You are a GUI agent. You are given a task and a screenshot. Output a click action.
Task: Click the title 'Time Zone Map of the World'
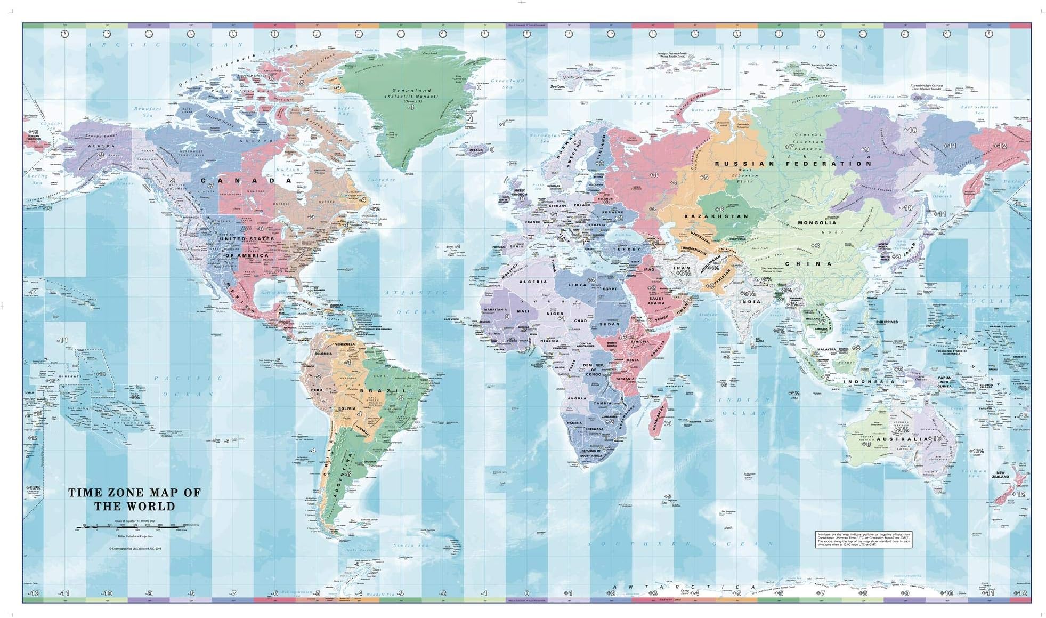[x=134, y=500]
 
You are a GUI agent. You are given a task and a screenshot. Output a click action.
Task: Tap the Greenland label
[x=411, y=91]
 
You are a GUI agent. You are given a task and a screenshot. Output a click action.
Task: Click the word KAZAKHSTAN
[x=716, y=216]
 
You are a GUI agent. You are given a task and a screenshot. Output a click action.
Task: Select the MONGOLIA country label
[x=817, y=223]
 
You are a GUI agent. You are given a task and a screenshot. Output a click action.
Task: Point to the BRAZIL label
[x=383, y=391]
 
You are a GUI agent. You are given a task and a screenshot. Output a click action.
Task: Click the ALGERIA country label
[x=533, y=282]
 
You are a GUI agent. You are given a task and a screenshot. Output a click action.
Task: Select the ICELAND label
[x=475, y=150]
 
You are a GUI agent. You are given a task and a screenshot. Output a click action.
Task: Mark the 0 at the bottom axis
[x=526, y=593]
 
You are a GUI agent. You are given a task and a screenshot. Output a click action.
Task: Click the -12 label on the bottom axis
[x=34, y=593]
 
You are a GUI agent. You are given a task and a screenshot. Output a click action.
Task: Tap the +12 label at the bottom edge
[x=1019, y=593]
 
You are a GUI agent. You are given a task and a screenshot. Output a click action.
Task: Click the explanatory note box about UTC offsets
[x=864, y=540]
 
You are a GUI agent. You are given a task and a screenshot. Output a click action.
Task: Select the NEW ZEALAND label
[x=1000, y=475]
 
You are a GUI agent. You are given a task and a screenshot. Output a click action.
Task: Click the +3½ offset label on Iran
[x=683, y=273]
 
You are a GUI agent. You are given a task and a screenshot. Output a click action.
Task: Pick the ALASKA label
[x=101, y=146]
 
